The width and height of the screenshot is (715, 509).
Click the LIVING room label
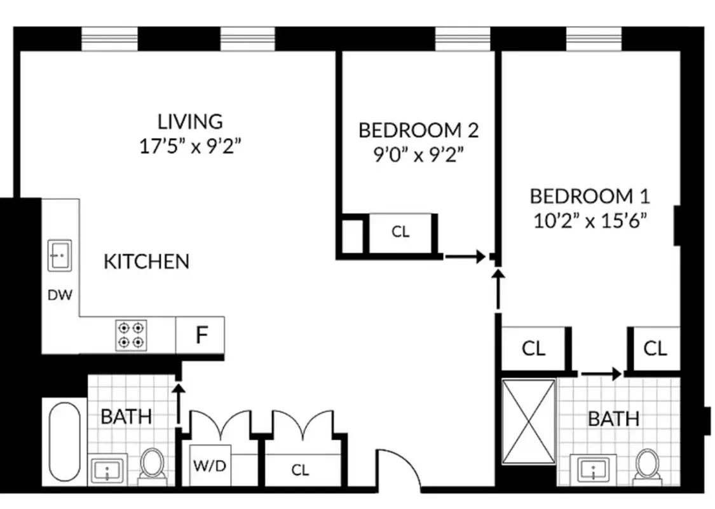[x=191, y=120]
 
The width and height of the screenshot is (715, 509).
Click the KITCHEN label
[x=146, y=261]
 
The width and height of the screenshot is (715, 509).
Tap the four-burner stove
[x=132, y=335]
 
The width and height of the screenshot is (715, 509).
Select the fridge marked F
[x=201, y=335]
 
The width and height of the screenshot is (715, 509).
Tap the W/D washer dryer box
[x=209, y=466]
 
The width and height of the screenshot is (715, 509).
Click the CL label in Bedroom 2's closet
[x=400, y=232]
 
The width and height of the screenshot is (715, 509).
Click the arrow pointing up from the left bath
[x=180, y=401]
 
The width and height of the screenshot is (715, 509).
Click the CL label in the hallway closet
[x=300, y=470]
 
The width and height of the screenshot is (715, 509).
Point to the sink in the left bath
[x=108, y=470]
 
